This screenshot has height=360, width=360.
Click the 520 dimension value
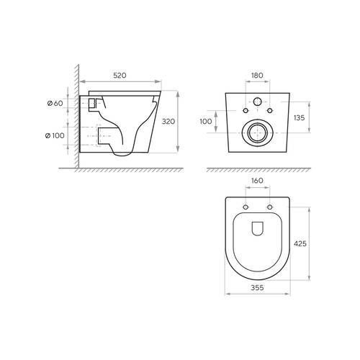tap(120, 76)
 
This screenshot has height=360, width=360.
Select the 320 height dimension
tap(168, 122)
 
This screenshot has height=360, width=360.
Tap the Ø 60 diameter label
tap(55, 103)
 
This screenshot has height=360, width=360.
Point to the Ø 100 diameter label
tap(55, 135)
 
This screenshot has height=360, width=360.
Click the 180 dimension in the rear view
tap(257, 76)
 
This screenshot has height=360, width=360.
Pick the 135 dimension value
tap(299, 117)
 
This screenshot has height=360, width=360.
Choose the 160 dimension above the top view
tap(257, 181)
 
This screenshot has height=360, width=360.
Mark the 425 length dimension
tap(300, 243)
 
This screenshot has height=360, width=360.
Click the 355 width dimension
tap(257, 287)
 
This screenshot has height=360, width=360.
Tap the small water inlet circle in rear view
tap(258, 102)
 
